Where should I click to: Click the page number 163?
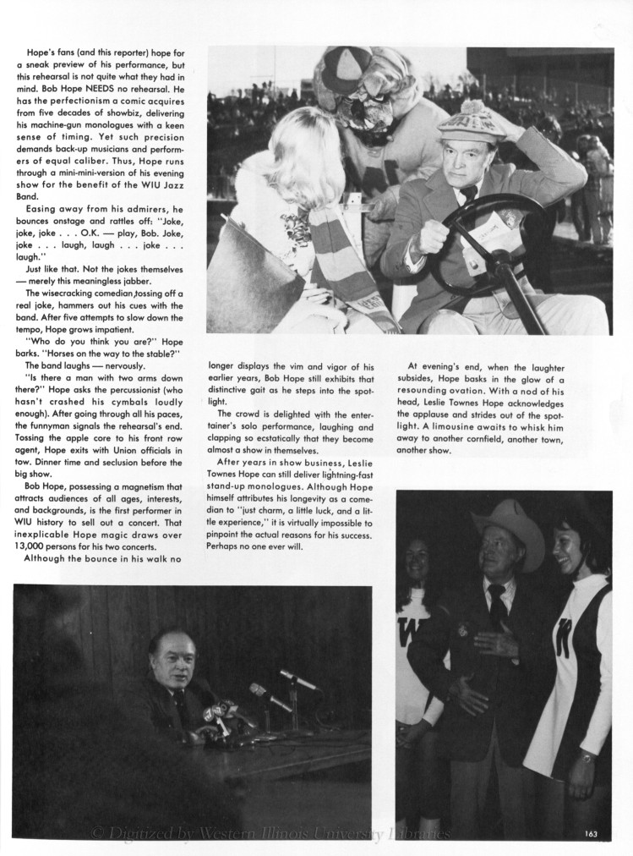click(591, 835)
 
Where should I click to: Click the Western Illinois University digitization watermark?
click(270, 835)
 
